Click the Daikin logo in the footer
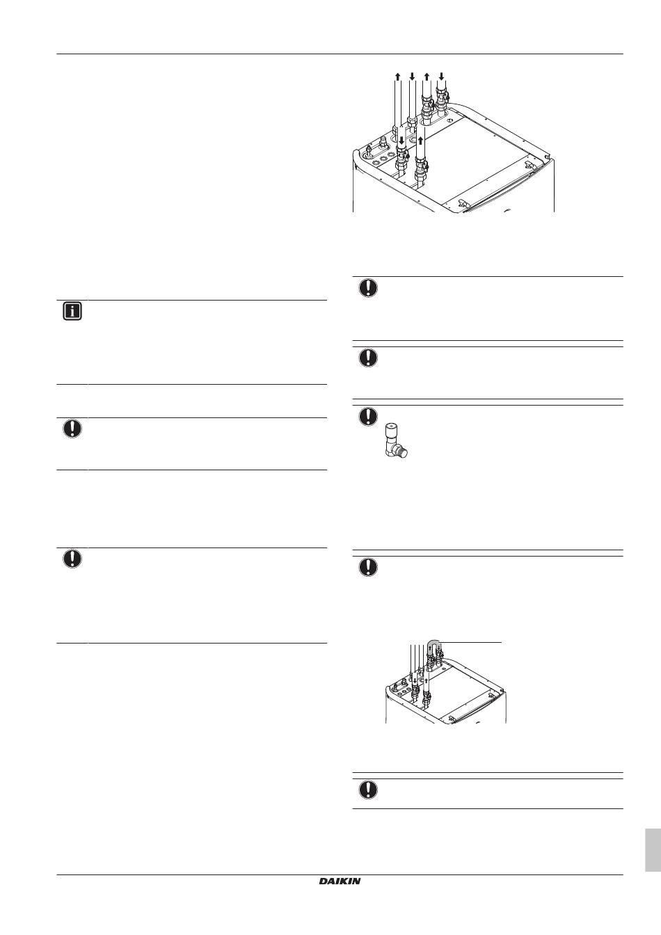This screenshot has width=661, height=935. coord(340,881)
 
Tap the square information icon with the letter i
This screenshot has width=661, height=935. coord(72,312)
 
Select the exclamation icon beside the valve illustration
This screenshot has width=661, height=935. coord(368,416)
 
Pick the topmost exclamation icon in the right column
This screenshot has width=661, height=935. coord(368,287)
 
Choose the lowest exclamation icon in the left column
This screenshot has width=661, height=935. coord(72,559)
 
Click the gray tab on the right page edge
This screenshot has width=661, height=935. coord(653,851)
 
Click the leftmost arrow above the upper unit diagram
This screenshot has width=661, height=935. coord(398,76)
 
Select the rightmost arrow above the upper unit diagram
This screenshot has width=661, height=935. coord(441,76)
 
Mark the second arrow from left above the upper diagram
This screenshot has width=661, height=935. coord(412,76)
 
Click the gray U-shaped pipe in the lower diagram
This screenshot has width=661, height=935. coord(434,646)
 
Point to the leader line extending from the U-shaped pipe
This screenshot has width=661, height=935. coord(470,641)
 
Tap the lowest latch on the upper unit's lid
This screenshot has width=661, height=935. coord(461,204)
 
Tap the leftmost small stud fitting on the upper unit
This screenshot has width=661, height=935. coord(369,149)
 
